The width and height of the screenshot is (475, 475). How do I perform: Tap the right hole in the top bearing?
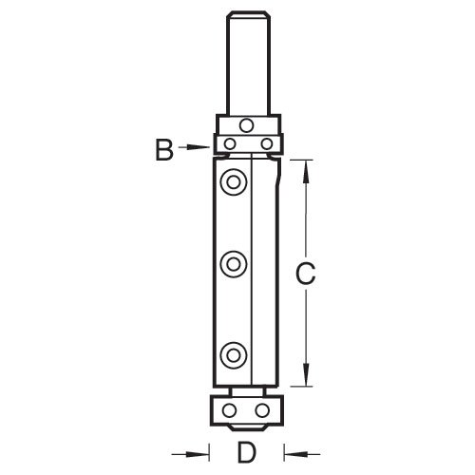[266, 143]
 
